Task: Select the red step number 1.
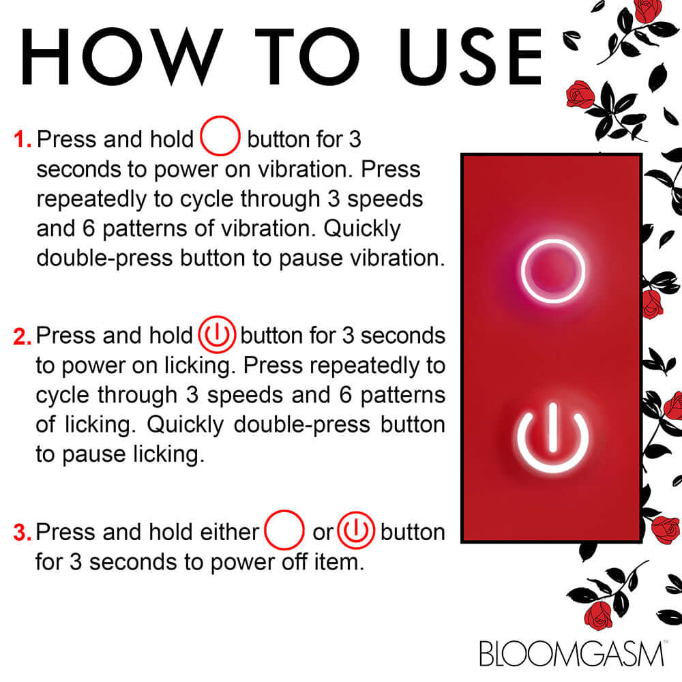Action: tap(22, 140)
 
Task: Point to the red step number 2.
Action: tap(22, 337)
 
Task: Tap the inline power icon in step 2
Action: tap(217, 336)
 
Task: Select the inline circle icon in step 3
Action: tap(284, 532)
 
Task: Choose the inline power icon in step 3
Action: tap(357, 532)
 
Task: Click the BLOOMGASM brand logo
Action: tap(572, 653)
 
